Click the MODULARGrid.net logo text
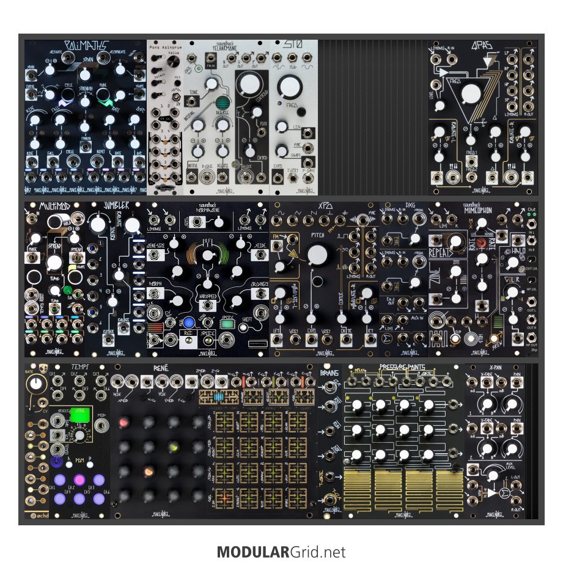pyautogui.click(x=281, y=553)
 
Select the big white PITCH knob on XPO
pyautogui.click(x=318, y=255)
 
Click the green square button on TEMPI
pyautogui.click(x=79, y=414)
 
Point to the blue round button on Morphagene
pyautogui.click(x=189, y=322)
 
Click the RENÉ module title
pyautogui.click(x=162, y=368)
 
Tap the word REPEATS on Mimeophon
pyautogui.click(x=444, y=252)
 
